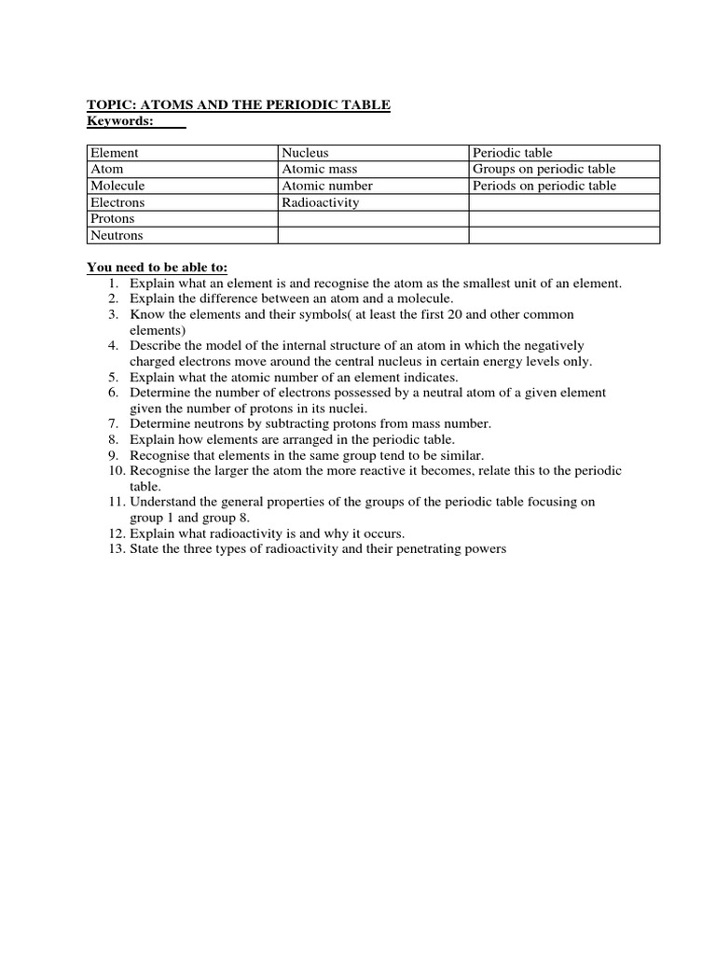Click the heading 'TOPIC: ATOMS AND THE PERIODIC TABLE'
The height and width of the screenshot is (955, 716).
point(239,106)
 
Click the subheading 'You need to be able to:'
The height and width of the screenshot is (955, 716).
point(158,268)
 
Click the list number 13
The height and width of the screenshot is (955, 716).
point(113,549)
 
